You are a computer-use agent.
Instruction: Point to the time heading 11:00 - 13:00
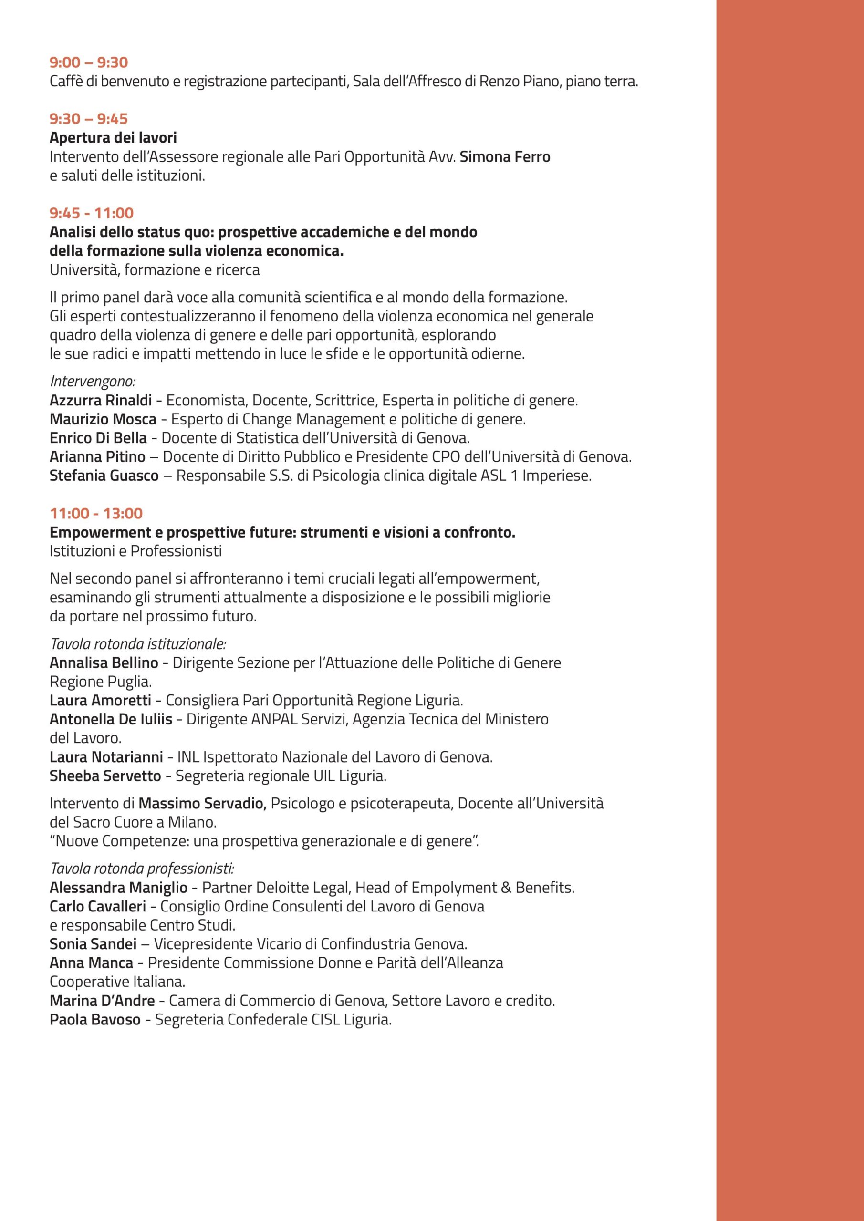pos(96,513)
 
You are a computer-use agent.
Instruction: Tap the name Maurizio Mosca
pos(103,419)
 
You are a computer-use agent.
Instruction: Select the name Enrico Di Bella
pos(98,438)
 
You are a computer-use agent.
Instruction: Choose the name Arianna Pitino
pos(97,456)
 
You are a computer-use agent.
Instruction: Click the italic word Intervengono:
pos(93,381)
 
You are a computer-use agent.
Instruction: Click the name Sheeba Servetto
pos(105,776)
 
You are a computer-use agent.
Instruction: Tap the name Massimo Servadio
pos(202,803)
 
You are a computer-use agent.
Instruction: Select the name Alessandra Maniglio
pos(118,888)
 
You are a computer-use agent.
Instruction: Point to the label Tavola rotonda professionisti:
pos(142,869)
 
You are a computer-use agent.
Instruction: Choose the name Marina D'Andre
pos(102,1000)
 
